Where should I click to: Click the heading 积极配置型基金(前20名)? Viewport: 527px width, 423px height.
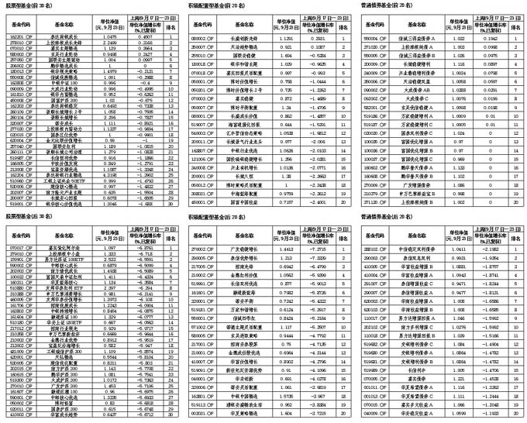[214, 5]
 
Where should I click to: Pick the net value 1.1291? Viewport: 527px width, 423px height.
[286, 36]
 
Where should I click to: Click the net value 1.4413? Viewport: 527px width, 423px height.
[286, 249]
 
